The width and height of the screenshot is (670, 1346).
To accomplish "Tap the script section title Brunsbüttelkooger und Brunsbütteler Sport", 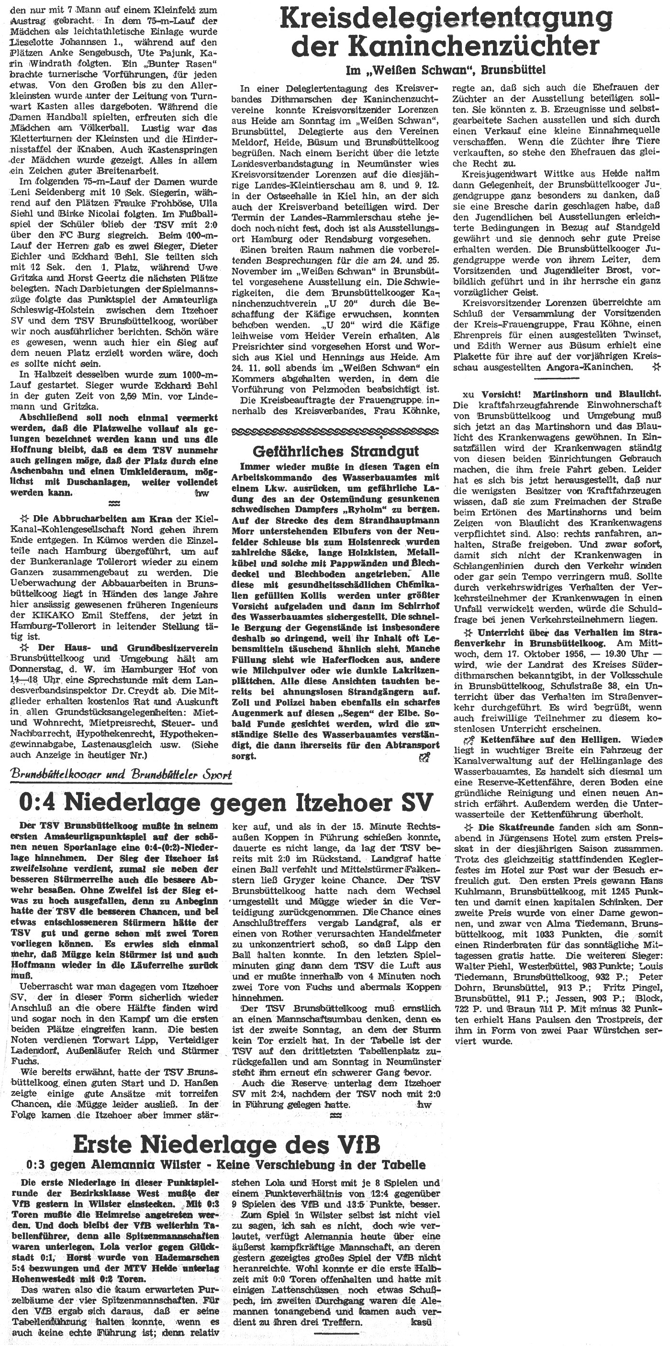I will pos(121,775).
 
